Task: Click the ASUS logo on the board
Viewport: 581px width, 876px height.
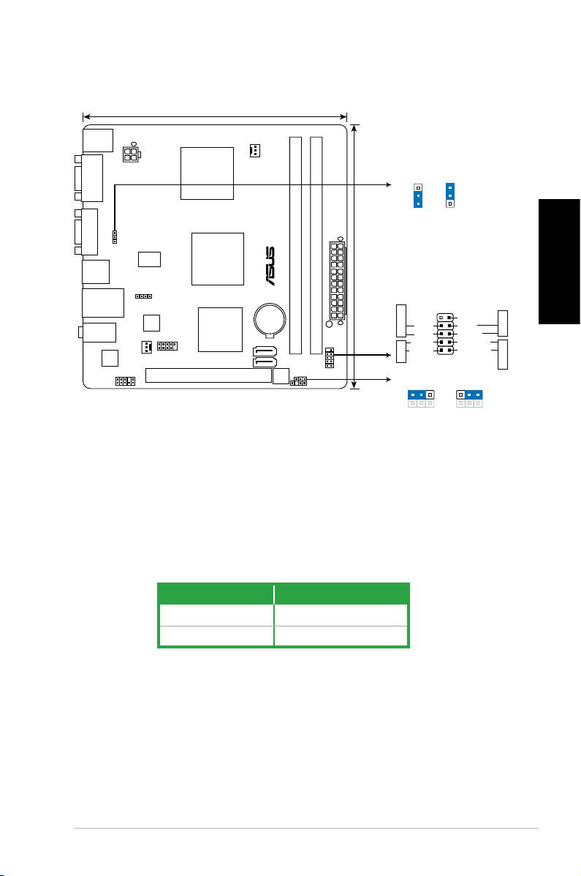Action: pyautogui.click(x=270, y=266)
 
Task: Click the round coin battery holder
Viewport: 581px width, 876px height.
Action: pyautogui.click(x=270, y=320)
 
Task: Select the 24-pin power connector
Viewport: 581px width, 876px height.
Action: pyautogui.click(x=337, y=280)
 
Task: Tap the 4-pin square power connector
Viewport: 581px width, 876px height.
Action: pyautogui.click(x=131, y=154)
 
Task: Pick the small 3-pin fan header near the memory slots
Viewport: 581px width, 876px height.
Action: pyautogui.click(x=254, y=150)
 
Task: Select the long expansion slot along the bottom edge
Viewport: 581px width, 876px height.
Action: pyautogui.click(x=208, y=375)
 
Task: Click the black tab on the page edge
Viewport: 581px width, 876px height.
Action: pyautogui.click(x=558, y=261)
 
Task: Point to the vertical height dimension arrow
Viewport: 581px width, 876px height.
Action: pyautogui.click(x=355, y=256)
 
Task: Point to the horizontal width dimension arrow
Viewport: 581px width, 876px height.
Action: pyautogui.click(x=215, y=117)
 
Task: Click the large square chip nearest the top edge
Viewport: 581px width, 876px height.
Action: pyautogui.click(x=207, y=173)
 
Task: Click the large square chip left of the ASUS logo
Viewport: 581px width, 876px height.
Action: pyautogui.click(x=218, y=258)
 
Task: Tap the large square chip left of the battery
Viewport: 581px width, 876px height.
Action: pyautogui.click(x=221, y=329)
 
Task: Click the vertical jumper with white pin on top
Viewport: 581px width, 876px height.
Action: pyautogui.click(x=418, y=195)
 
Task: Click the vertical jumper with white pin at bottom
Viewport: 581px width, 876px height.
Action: pyautogui.click(x=450, y=195)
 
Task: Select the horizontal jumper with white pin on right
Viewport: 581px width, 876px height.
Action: pyautogui.click(x=421, y=395)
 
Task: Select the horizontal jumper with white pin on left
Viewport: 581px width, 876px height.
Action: pyautogui.click(x=469, y=395)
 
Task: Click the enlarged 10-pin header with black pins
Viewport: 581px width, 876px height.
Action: pyautogui.click(x=445, y=334)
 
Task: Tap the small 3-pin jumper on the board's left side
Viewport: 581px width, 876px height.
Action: pyautogui.click(x=115, y=237)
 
